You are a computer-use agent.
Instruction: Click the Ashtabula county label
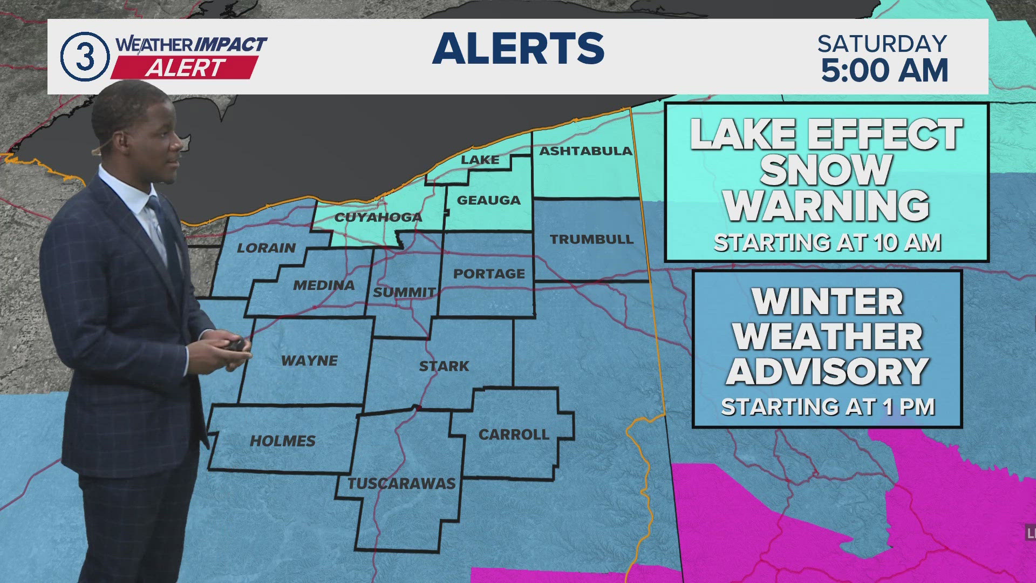click(585, 151)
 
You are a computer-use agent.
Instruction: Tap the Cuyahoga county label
click(378, 218)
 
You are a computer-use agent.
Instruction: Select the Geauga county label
click(488, 200)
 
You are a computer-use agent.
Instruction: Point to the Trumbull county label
click(591, 239)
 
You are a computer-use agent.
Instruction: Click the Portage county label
click(489, 274)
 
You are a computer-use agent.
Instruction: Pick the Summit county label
click(404, 292)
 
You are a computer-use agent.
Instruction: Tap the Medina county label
click(324, 285)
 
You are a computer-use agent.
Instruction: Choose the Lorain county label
click(267, 248)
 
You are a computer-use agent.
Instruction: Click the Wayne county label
click(309, 361)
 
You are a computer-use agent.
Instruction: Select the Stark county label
click(444, 366)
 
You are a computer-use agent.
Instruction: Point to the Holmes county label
click(282, 441)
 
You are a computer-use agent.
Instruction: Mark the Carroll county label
click(514, 435)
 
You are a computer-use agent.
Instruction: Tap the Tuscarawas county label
click(401, 483)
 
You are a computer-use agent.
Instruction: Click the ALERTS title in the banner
click(518, 49)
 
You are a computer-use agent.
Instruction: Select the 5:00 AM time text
click(884, 71)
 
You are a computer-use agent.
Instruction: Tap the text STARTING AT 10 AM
click(827, 243)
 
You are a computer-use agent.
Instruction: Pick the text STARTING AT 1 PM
click(828, 407)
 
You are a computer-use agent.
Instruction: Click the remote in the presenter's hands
click(235, 344)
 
